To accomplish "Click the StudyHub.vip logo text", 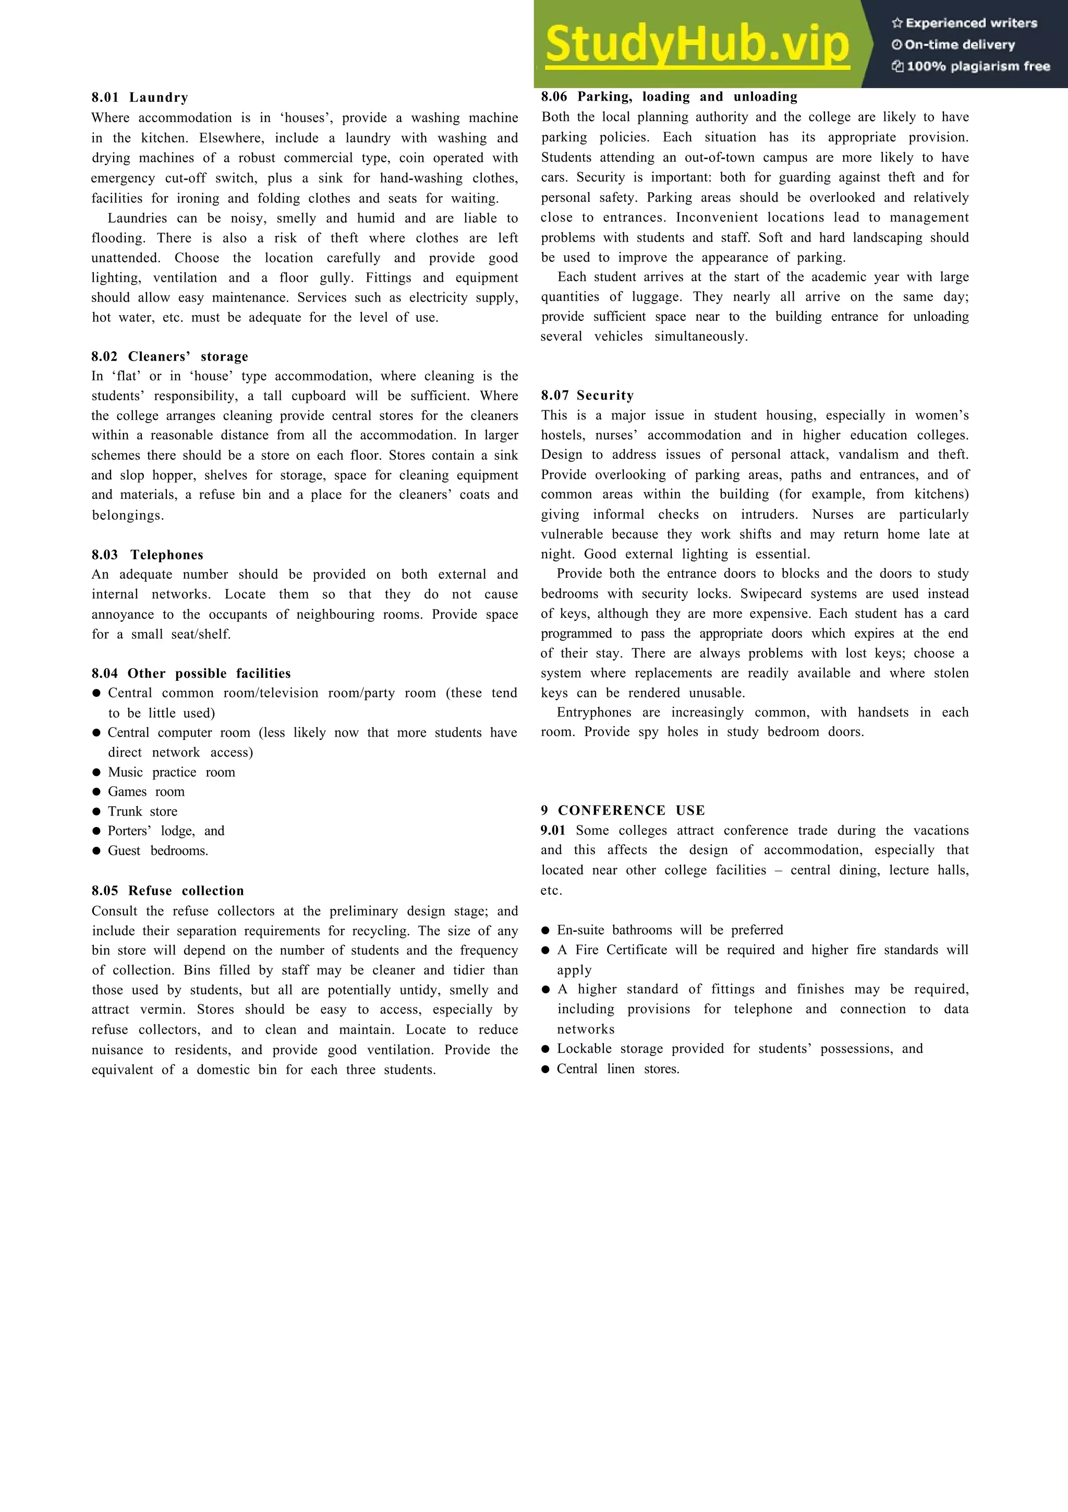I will tap(698, 45).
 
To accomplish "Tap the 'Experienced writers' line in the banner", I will tap(965, 23).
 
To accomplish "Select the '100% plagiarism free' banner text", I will tap(972, 66).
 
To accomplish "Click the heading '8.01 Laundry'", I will tap(140, 98).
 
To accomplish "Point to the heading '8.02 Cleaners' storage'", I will tap(170, 356).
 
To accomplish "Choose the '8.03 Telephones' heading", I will tap(148, 555).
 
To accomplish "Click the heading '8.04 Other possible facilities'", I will tap(191, 673).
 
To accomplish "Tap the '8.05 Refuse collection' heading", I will tap(168, 890).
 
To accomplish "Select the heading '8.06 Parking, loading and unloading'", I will tap(669, 97).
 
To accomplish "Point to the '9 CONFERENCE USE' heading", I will tap(623, 810).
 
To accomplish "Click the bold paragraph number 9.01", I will tap(553, 831).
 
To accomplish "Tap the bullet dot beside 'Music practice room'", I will tap(96, 773).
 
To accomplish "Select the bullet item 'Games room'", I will tap(146, 791).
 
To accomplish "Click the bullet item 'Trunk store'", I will tap(142, 811).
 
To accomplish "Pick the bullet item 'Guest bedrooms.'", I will tap(158, 851).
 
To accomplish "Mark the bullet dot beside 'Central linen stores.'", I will tap(545, 1069).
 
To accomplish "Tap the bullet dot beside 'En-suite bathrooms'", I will tap(545, 930).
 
